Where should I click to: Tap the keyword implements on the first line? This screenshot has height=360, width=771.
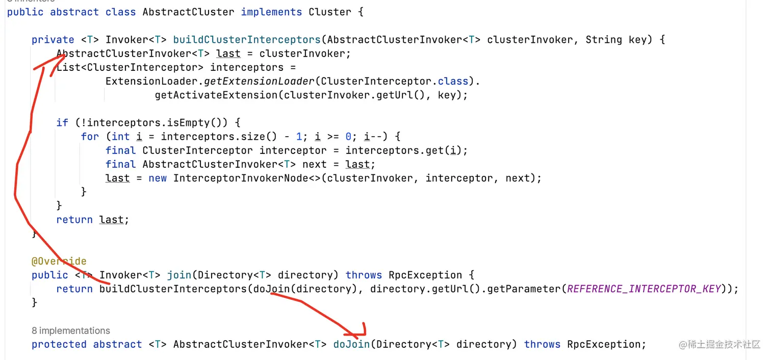tap(271, 12)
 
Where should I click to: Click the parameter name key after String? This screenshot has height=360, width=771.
tap(637, 40)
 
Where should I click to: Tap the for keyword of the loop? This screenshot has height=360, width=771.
tap(90, 137)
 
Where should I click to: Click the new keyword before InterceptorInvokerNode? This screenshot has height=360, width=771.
tap(158, 178)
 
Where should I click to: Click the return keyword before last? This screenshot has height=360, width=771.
tap(74, 220)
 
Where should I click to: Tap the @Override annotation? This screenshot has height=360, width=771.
tap(59, 262)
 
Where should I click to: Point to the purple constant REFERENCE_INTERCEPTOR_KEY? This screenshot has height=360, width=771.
tap(644, 289)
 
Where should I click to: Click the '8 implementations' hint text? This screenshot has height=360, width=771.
tap(71, 330)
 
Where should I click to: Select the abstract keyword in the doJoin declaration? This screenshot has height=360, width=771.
tap(117, 345)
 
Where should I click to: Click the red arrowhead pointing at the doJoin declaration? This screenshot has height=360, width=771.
tap(363, 328)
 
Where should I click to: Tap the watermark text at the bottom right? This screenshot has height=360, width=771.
tap(719, 345)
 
